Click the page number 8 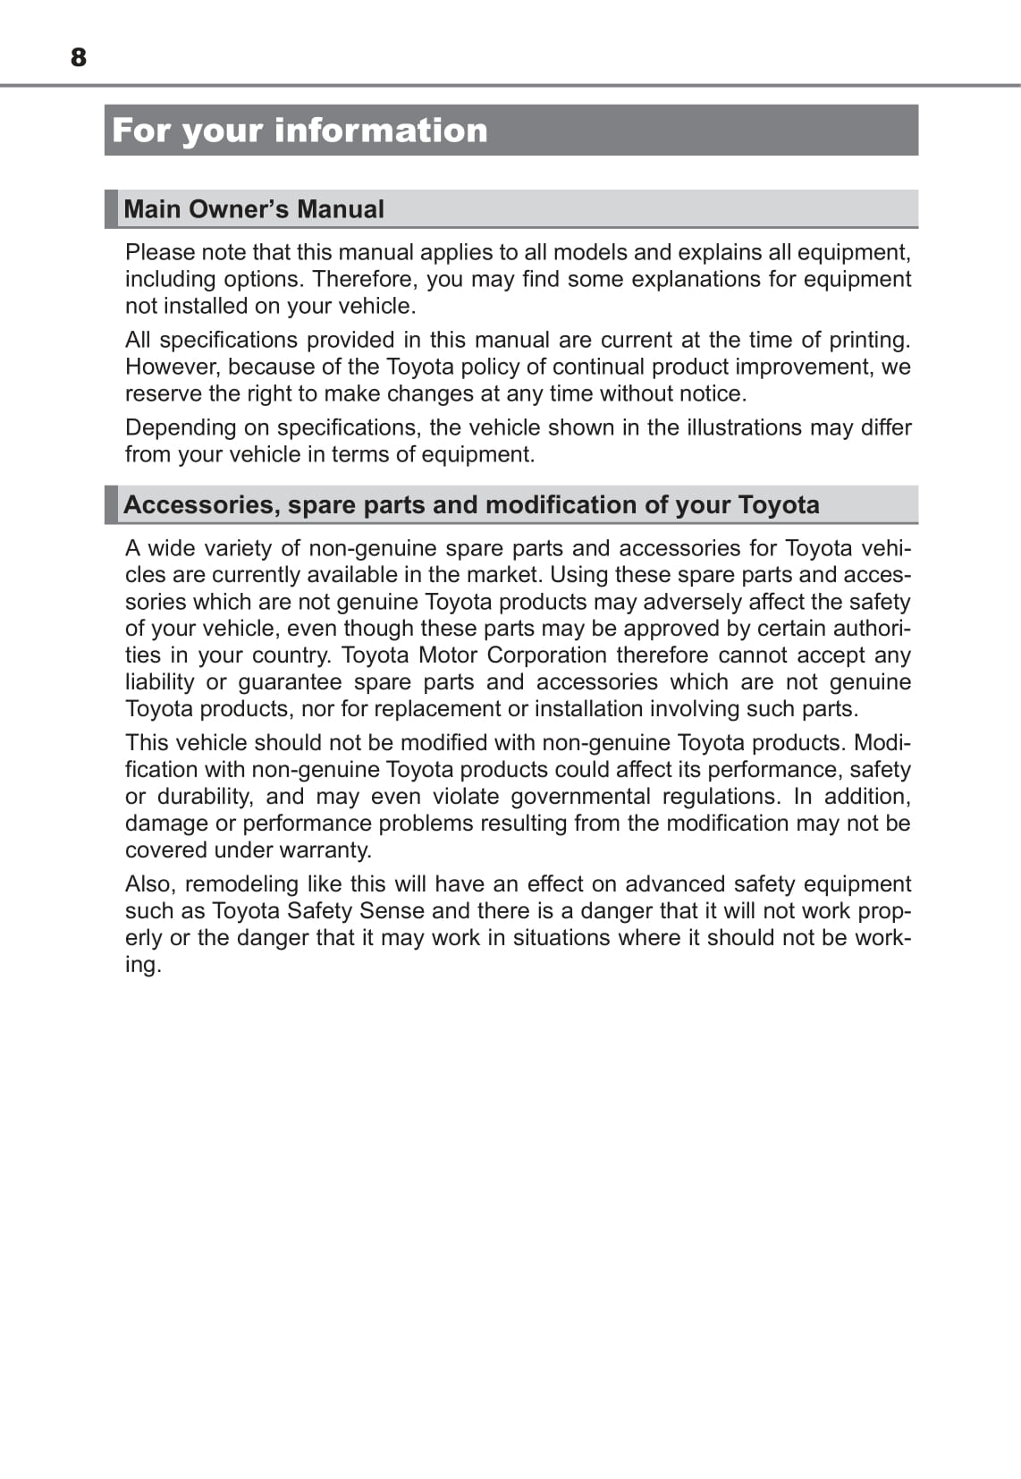[79, 57]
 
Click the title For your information [300, 131]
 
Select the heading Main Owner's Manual [254, 209]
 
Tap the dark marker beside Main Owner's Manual [111, 208]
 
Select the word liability [159, 682]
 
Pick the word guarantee [290, 682]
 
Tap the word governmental [580, 797]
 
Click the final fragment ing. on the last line [143, 965]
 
